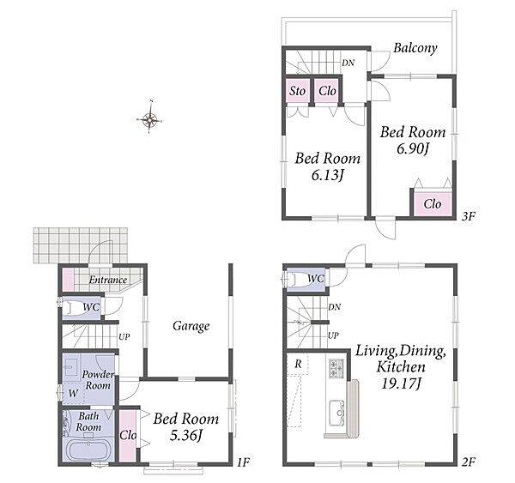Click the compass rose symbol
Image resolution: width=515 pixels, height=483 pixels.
[149, 118]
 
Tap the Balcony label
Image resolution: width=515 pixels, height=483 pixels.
[415, 48]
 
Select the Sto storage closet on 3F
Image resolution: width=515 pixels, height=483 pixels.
[297, 91]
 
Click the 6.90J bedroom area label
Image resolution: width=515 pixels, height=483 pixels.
[413, 148]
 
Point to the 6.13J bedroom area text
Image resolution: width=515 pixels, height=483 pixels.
[328, 175]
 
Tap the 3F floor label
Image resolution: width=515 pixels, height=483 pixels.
[469, 216]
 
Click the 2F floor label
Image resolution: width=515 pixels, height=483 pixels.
[469, 462]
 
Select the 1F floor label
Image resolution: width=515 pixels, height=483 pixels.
[243, 462]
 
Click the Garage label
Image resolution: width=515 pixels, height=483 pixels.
[191, 326]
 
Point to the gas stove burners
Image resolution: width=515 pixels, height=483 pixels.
[336, 368]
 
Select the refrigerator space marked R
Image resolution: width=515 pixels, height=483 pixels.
[298, 364]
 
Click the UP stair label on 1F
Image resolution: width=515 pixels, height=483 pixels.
[124, 337]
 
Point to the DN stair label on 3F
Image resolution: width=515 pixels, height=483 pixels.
[348, 63]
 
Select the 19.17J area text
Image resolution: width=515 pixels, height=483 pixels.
[401, 383]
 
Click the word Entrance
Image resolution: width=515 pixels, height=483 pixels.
[108, 280]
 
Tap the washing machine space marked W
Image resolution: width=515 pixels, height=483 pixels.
[73, 393]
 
